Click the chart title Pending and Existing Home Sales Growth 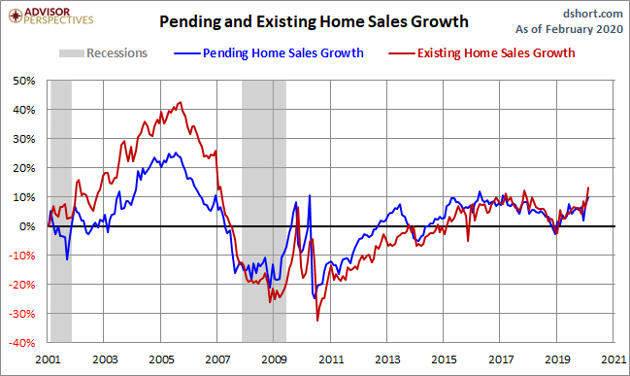point(314,21)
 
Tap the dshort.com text point(593,14)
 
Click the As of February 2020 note point(569,29)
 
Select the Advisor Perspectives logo point(50,17)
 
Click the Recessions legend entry point(103,53)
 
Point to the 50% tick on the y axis point(24,81)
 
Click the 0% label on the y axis point(27,226)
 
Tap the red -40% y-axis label point(22,343)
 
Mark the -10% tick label point(22,256)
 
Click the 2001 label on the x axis point(48,359)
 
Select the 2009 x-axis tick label point(274,359)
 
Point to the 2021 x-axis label point(613,359)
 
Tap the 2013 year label point(387,359)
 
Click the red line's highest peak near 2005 point(181,102)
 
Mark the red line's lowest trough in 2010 point(317,321)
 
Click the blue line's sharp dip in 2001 point(67,259)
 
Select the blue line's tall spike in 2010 point(310,196)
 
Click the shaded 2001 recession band point(61,211)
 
